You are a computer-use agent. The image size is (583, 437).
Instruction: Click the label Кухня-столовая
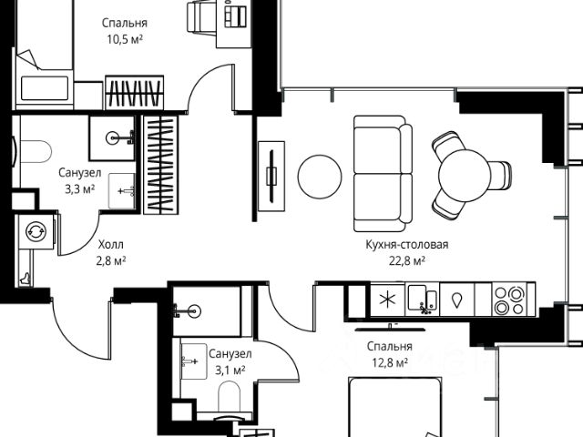tap(407, 245)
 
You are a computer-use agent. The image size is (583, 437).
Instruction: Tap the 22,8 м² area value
tap(407, 261)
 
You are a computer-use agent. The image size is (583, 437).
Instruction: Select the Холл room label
tap(111, 245)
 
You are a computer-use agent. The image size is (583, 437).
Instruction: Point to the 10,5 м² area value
tap(125, 39)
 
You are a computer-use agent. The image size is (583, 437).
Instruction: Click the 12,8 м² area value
tap(390, 362)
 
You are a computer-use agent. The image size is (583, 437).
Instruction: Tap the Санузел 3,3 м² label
tap(80, 181)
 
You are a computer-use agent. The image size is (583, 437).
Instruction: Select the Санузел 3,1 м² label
tap(230, 362)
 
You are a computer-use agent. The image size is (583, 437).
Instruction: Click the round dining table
tap(465, 176)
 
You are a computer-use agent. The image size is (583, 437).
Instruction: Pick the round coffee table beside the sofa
tap(320, 177)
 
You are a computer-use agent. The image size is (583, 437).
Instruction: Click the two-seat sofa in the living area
tap(383, 174)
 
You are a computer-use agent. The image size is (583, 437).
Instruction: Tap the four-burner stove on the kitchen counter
tap(509, 300)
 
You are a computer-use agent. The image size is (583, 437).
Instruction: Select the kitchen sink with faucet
tap(422, 300)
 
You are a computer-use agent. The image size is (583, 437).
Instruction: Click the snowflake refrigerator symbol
tap(386, 300)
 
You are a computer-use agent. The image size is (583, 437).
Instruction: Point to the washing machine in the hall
tap(36, 231)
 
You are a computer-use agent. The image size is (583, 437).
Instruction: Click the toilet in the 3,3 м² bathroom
tap(36, 151)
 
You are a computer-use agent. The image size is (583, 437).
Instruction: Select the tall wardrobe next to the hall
tap(161, 165)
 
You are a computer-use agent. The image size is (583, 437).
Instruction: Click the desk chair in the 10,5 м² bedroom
tap(200, 17)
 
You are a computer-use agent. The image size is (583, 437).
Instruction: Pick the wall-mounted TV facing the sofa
tap(271, 177)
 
